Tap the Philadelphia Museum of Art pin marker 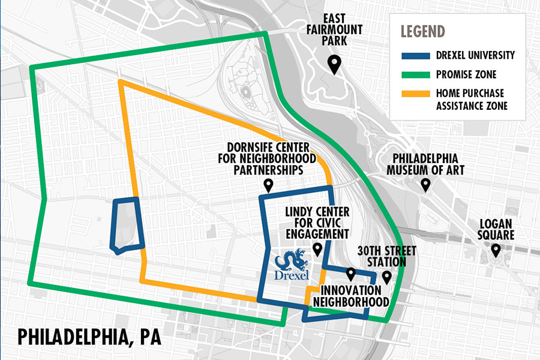(425, 185)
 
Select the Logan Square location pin (496, 250)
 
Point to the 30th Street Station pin (387, 277)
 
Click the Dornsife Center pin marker (268, 187)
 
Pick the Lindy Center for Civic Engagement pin (317, 249)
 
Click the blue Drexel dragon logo (291, 264)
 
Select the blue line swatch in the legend (416, 55)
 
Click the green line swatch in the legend (416, 74)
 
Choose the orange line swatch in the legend (416, 94)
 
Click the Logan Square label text (496, 229)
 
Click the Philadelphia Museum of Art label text (425, 164)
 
